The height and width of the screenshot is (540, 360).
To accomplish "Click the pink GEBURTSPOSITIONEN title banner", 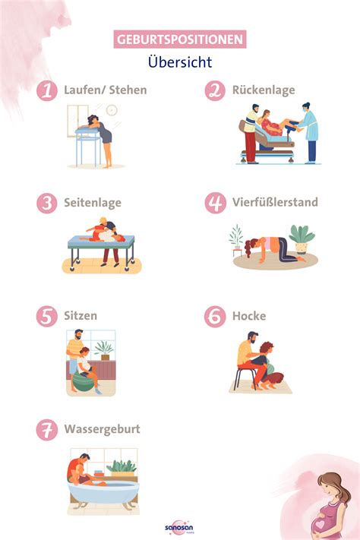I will coord(180,39).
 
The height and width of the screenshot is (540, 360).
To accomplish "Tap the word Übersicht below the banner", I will coord(180,62).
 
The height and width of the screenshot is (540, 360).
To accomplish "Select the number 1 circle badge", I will coord(47,90).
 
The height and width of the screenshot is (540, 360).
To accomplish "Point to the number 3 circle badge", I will coord(47,203).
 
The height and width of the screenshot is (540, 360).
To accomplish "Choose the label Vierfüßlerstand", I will coord(274,203).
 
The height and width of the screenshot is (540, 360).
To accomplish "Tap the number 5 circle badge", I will coord(47,315).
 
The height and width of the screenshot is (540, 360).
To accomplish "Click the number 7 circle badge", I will coord(47,430).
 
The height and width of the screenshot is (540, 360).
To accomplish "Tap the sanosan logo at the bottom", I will coord(179,526).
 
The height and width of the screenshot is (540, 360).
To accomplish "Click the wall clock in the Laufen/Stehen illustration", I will coord(112,110).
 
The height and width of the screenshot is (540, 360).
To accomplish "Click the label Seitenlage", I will coord(93,203).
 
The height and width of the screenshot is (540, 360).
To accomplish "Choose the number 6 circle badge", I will coord(216,315).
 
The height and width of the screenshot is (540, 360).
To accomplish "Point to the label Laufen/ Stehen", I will coord(106,90).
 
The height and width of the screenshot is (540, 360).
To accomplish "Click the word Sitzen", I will coord(81,315).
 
